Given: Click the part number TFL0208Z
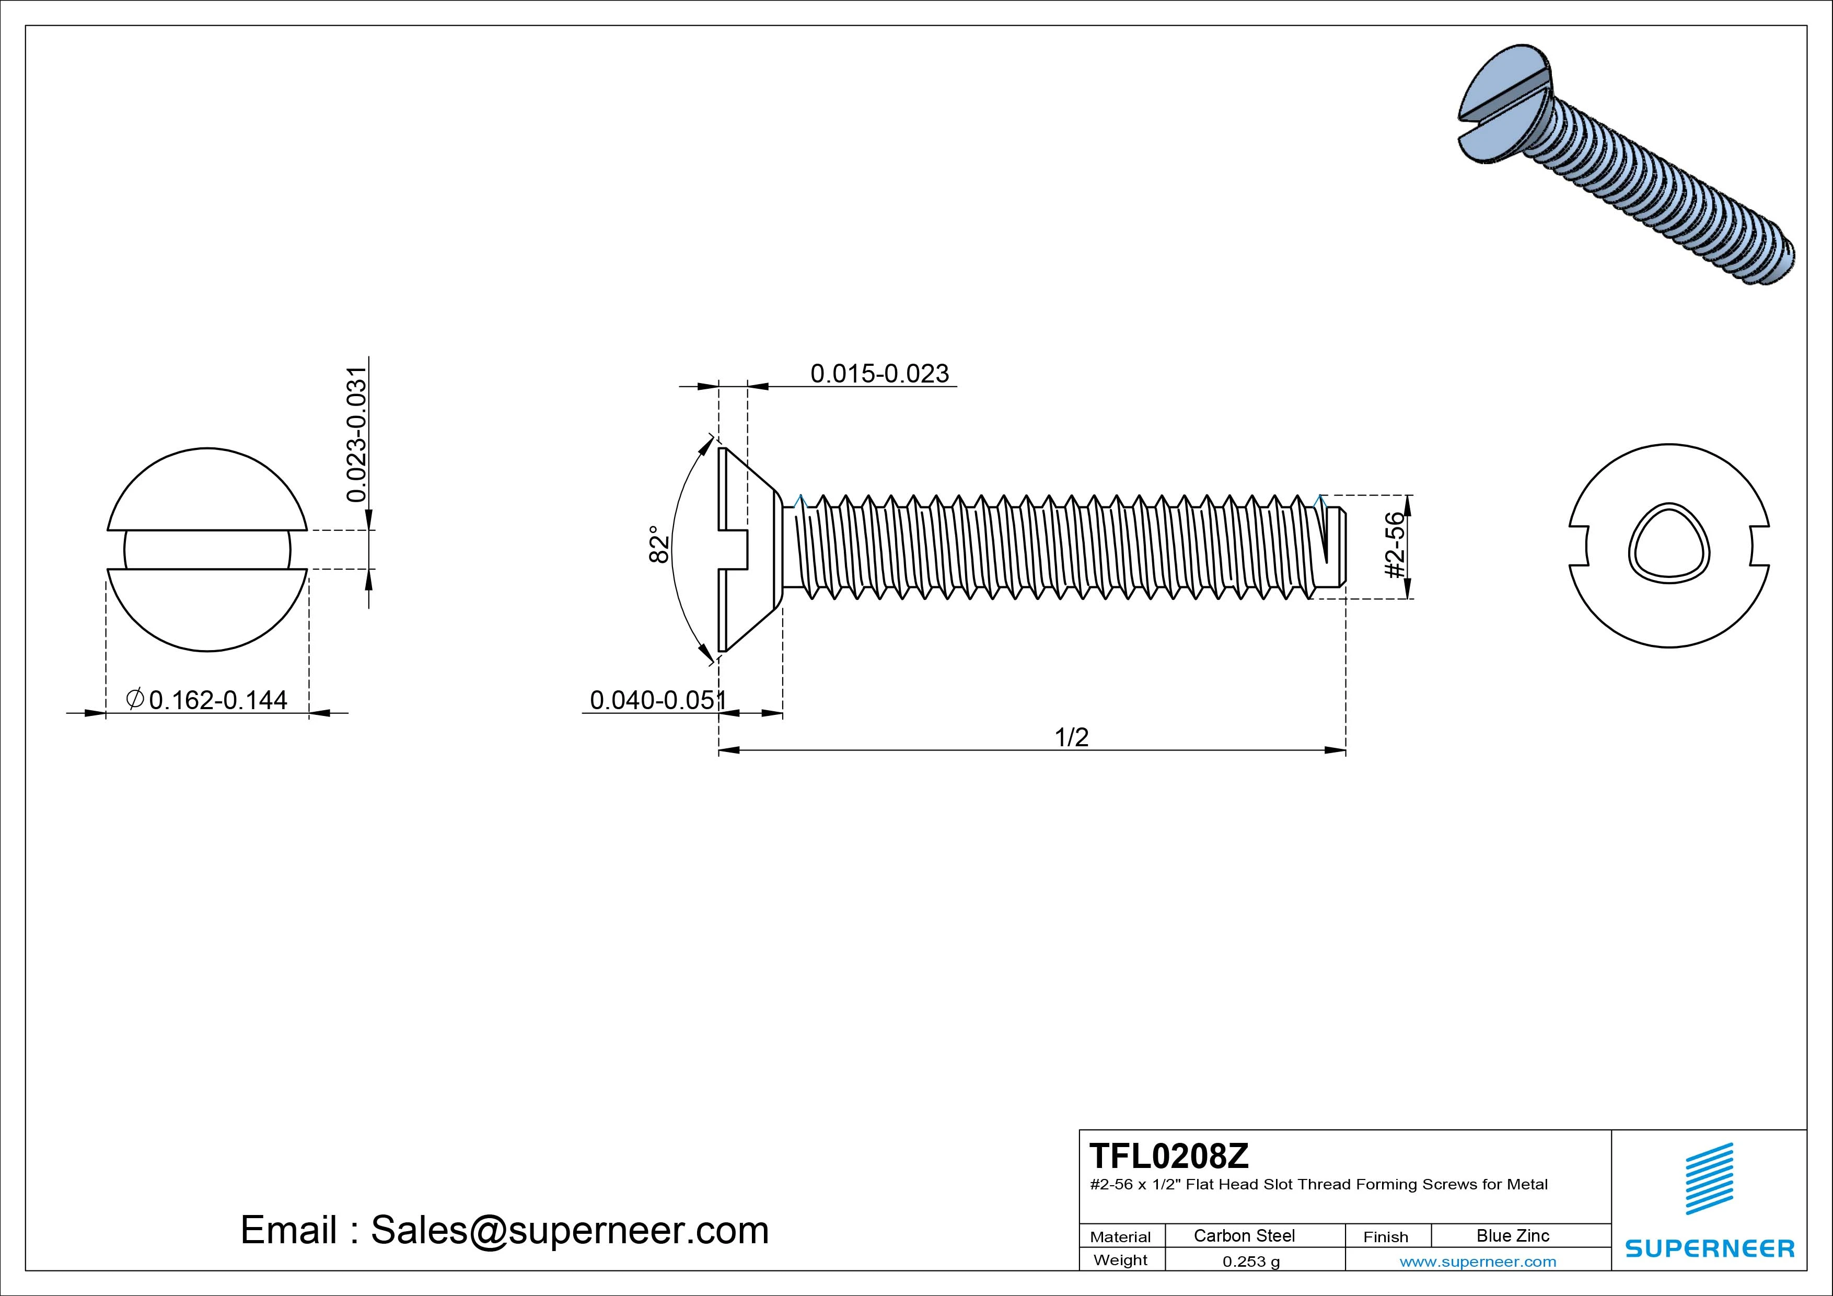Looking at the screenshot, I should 1169,1156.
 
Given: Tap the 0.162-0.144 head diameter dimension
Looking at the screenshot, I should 217,700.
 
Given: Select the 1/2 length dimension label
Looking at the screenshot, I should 1071,737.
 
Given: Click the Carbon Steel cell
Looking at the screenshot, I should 1244,1235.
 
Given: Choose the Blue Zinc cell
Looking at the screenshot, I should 1513,1235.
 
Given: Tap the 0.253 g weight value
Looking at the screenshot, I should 1251,1262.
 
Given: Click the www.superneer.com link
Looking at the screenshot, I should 1478,1262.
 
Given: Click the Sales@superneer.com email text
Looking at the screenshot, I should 569,1231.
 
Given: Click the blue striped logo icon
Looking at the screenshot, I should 1709,1178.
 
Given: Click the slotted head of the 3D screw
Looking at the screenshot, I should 1505,104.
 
